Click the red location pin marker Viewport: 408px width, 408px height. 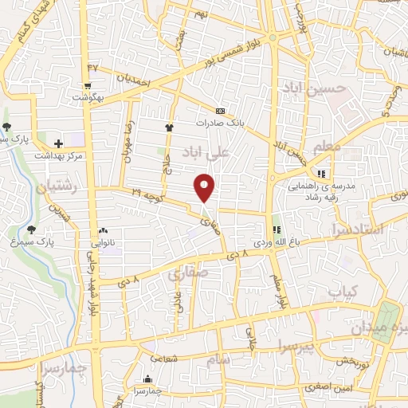coord(206,186)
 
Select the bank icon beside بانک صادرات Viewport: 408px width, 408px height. coord(221,111)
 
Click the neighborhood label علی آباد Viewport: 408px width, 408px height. coord(229,150)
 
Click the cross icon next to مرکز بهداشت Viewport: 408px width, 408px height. coord(58,142)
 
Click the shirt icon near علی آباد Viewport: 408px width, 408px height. coord(169,126)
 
